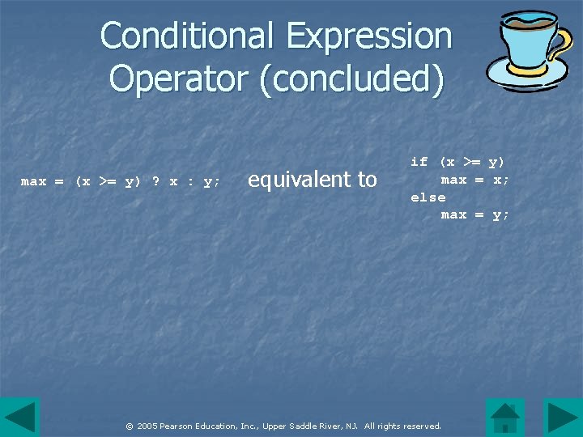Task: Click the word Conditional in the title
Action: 187,36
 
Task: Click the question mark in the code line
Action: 156,182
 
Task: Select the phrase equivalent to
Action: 313,179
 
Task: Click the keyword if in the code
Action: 419,162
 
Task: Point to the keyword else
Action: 428,197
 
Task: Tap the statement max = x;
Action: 475,180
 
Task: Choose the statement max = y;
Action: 475,215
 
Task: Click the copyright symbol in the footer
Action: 129,426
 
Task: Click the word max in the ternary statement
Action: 33,182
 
